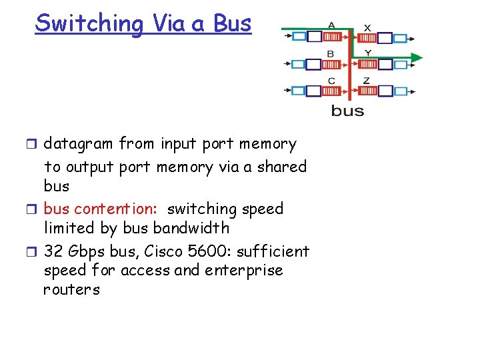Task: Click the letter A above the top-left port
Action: click(x=331, y=25)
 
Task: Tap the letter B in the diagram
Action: click(x=331, y=53)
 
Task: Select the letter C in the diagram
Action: click(x=331, y=81)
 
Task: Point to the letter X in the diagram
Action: click(x=367, y=27)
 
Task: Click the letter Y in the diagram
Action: click(x=367, y=53)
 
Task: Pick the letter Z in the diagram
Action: click(x=367, y=81)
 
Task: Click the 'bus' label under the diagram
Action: click(x=347, y=111)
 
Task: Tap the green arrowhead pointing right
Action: click(x=416, y=58)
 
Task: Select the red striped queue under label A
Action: click(x=331, y=36)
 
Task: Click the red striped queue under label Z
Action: click(x=367, y=91)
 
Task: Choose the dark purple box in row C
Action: click(x=313, y=91)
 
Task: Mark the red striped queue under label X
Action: click(x=367, y=37)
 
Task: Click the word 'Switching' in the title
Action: click(x=89, y=23)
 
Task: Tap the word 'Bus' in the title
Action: click(x=233, y=23)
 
